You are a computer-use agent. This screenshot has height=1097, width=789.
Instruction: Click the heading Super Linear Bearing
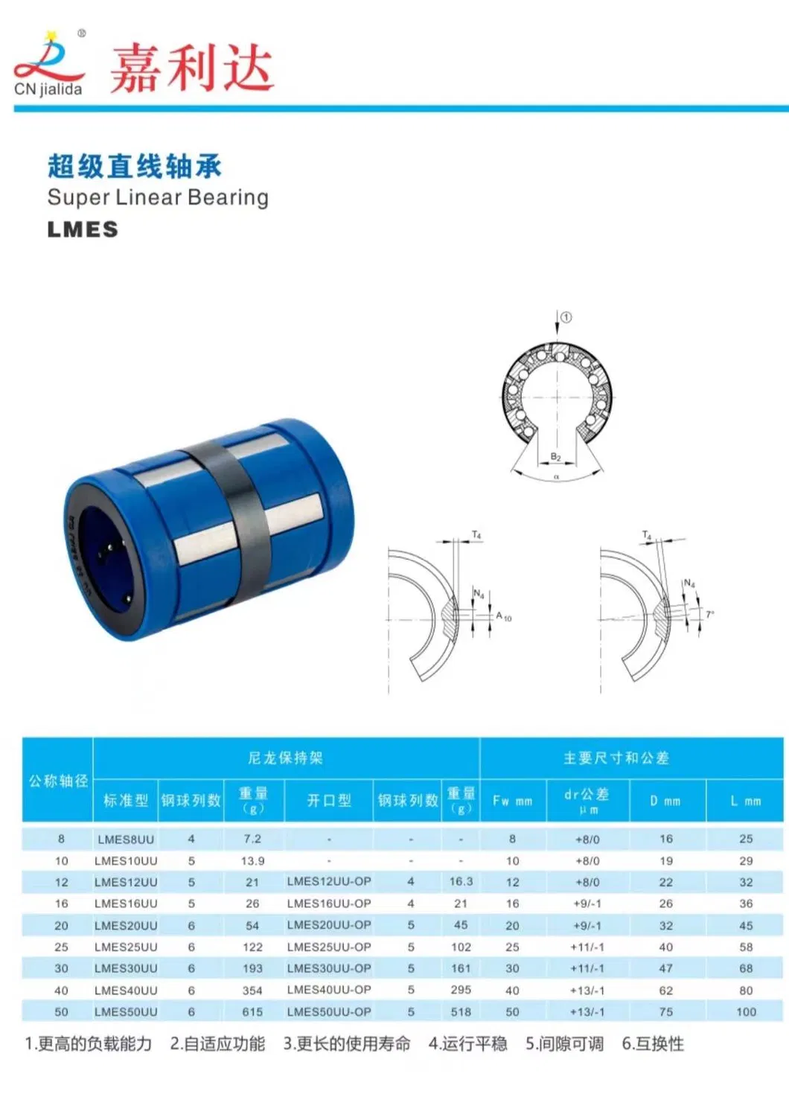pos(159,197)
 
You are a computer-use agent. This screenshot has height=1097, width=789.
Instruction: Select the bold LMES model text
pos(83,230)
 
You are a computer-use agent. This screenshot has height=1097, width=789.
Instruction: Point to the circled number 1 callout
pos(566,317)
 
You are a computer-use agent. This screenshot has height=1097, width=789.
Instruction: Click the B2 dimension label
pos(555,456)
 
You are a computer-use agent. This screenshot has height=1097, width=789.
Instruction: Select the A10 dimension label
pos(503,616)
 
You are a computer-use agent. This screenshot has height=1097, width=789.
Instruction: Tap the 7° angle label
pos(710,614)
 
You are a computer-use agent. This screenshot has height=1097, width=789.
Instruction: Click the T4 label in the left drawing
pos(476,535)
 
